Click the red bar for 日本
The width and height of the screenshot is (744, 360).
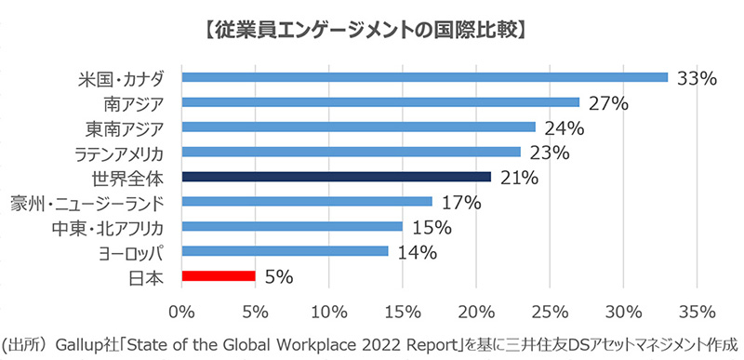click(x=219, y=275)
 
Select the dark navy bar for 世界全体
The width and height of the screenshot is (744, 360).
click(x=336, y=176)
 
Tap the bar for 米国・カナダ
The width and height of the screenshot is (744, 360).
click(x=425, y=77)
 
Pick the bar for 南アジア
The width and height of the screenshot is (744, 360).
click(x=380, y=102)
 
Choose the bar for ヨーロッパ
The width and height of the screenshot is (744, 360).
click(x=285, y=250)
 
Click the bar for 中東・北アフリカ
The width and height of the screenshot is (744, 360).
click(x=292, y=226)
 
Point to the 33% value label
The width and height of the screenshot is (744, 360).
click(x=697, y=78)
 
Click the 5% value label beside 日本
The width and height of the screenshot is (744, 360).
click(x=280, y=276)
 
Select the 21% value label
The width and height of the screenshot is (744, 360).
click(x=518, y=177)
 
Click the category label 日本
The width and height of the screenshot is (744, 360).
click(x=148, y=276)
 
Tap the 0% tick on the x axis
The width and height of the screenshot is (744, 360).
click(x=182, y=309)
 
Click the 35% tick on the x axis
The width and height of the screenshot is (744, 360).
click(x=697, y=309)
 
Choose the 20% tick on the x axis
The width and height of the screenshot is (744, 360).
click(x=476, y=309)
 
